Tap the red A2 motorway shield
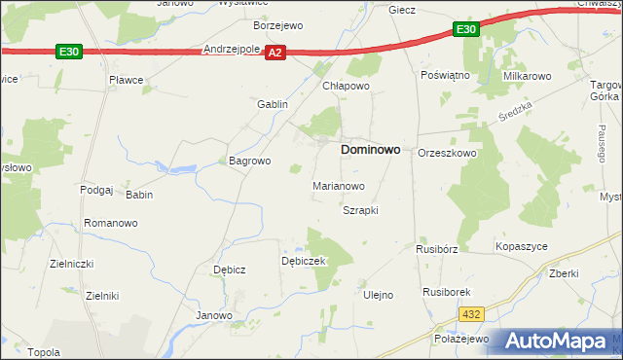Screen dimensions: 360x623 coord(276,54)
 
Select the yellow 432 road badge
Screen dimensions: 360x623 coord(472,313)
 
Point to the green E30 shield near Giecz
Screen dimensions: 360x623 coord(466,30)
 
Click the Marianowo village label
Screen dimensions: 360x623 coord(338,185)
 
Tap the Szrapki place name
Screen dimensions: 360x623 coord(360,210)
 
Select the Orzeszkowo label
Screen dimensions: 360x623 coord(447,154)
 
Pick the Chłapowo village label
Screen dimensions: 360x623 coord(347,86)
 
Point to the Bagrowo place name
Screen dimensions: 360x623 coord(248,161)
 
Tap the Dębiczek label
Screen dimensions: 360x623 coord(303,261)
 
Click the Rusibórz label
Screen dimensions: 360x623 coord(436,248)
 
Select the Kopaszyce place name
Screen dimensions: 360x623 coord(522,248)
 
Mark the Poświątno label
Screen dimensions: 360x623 coord(445,75)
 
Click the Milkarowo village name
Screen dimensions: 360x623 coord(527,75)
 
